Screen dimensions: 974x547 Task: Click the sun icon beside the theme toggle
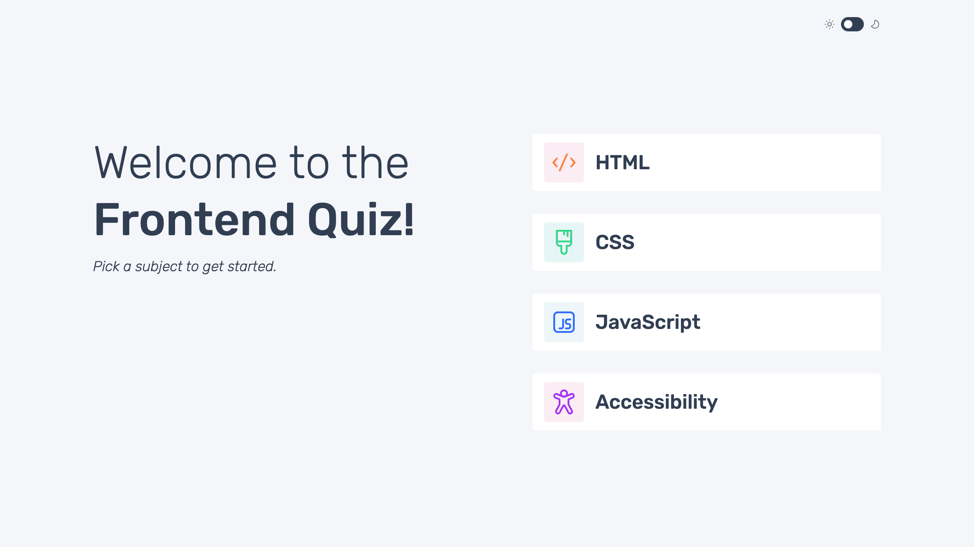(x=829, y=24)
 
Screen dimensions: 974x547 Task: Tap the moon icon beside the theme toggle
(x=875, y=24)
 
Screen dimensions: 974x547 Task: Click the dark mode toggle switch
(x=852, y=24)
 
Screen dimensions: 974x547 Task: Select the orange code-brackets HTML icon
(x=564, y=162)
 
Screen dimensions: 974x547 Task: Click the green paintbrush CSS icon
(x=564, y=242)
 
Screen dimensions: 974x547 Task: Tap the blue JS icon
(x=564, y=322)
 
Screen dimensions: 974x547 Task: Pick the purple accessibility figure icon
(x=564, y=402)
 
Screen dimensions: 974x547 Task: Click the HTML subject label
(x=622, y=162)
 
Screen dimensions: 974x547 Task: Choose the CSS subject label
(x=615, y=242)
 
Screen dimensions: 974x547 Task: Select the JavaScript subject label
(x=648, y=322)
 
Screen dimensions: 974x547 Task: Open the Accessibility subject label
(x=656, y=402)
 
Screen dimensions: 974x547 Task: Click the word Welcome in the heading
(x=186, y=163)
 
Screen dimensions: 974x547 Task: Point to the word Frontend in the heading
(x=194, y=220)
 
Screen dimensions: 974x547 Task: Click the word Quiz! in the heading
(x=361, y=220)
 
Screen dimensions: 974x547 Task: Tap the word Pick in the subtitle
(x=106, y=266)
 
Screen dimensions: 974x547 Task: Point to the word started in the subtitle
(x=251, y=266)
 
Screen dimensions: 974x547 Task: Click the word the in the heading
(x=375, y=163)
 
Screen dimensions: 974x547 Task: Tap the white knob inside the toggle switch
(x=848, y=24)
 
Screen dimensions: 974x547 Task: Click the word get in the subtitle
(x=213, y=267)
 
